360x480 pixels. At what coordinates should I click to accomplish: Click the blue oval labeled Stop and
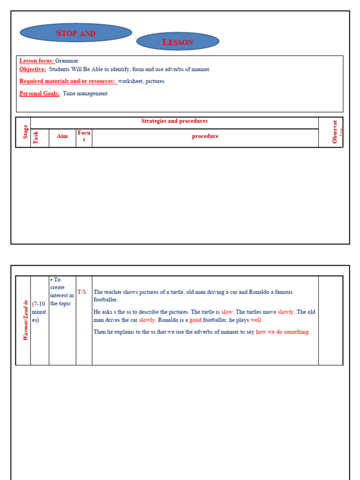pos(76,33)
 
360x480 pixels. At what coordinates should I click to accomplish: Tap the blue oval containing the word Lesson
pos(178,42)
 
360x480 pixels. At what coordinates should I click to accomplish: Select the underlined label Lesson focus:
pos(37,60)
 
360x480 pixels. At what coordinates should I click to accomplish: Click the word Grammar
pos(67,60)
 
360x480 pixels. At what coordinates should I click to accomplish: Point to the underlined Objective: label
pos(32,69)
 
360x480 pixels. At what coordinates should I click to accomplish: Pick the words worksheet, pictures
pos(141,81)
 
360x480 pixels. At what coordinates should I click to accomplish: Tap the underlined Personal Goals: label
pos(39,93)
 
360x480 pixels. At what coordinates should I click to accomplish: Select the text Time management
pos(85,93)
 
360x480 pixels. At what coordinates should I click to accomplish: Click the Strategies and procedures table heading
pos(174,121)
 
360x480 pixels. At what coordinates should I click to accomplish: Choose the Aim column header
pos(62,136)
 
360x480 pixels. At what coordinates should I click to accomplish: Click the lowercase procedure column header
pos(205,136)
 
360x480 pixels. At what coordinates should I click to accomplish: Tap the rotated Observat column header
pos(335,132)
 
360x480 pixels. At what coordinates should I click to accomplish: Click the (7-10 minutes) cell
pos(39,312)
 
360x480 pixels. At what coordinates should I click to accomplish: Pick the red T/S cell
pos(82,292)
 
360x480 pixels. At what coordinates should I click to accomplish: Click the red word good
pos(195,320)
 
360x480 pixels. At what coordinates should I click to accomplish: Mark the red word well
pos(256,320)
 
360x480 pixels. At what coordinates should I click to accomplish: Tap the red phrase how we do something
pos(282,332)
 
